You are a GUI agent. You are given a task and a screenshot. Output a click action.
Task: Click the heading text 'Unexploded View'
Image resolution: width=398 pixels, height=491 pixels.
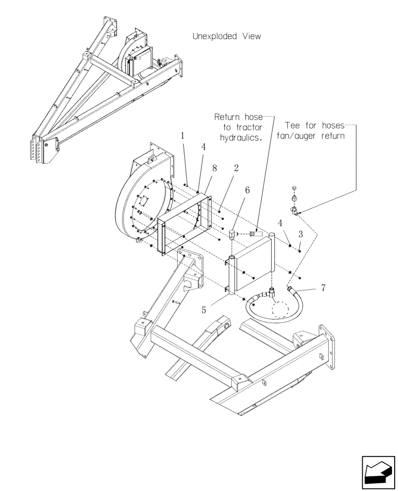tap(226, 36)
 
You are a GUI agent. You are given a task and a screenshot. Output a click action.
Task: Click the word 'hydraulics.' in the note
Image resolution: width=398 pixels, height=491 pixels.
tap(240, 138)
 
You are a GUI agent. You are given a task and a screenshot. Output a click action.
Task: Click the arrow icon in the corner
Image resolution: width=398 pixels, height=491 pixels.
tap(377, 472)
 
